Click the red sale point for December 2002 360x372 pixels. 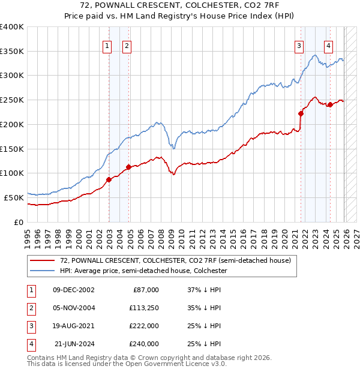(x=109, y=179)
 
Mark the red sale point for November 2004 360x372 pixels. (x=129, y=167)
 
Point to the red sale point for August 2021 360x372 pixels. (x=301, y=113)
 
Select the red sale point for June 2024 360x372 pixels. (x=330, y=104)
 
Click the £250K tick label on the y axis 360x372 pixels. (x=12, y=100)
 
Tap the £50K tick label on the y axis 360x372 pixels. (x=14, y=197)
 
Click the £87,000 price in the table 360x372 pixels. (x=146, y=290)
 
